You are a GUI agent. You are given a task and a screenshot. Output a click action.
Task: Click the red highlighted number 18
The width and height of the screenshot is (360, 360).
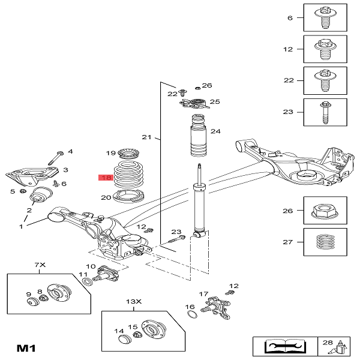(106, 178)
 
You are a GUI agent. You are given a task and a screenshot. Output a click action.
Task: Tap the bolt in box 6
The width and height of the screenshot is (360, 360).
(324, 18)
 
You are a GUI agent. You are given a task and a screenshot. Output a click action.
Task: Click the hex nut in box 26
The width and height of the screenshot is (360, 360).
(324, 211)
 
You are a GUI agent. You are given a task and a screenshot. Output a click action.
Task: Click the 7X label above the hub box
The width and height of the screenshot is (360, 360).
(40, 265)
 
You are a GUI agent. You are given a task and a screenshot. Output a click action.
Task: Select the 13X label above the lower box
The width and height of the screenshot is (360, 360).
(133, 301)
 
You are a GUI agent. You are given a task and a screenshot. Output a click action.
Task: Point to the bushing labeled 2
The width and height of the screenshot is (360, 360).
(40, 196)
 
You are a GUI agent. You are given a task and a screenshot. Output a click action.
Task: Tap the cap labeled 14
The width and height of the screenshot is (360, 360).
(125, 340)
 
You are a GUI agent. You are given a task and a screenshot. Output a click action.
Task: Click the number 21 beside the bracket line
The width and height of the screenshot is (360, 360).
(146, 138)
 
